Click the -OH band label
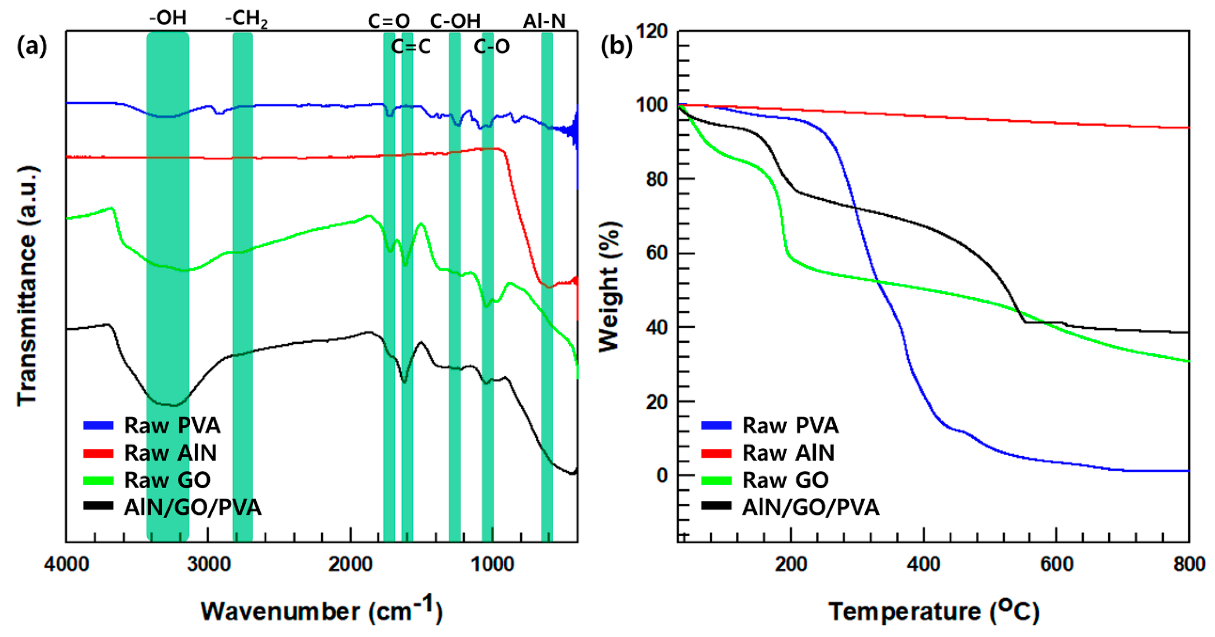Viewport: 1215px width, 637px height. point(168,18)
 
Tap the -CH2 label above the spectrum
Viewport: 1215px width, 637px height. point(246,19)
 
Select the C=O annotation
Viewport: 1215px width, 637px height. point(389,21)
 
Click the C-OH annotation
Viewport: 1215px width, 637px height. point(455,21)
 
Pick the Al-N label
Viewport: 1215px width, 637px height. point(544,21)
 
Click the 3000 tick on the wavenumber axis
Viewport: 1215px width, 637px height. point(209,564)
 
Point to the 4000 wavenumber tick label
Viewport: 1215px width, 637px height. point(66,564)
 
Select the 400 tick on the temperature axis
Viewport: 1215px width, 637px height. point(923,564)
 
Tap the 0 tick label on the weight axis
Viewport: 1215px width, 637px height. point(662,475)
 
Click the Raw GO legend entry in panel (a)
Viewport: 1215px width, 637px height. point(167,480)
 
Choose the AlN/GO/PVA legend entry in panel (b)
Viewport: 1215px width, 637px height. point(810,507)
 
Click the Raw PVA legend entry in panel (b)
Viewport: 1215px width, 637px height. point(790,425)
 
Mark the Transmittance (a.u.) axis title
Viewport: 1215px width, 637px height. point(27,286)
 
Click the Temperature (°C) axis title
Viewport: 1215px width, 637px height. point(933,611)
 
